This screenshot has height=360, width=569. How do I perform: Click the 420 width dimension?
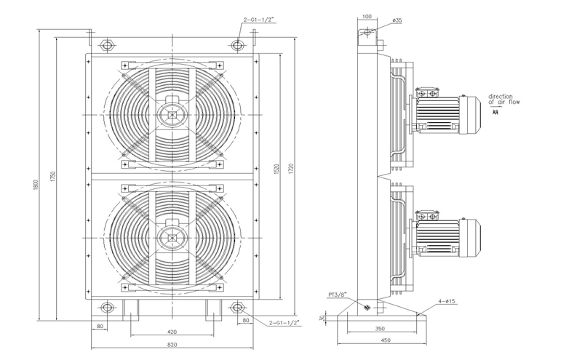(172, 332)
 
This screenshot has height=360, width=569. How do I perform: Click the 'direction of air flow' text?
(504, 99)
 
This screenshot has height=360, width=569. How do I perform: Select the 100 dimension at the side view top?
(366, 15)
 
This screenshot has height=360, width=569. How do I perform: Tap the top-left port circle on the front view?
(107, 45)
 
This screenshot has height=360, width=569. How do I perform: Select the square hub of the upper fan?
(172, 114)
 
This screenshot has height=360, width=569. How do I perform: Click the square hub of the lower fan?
(172, 236)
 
